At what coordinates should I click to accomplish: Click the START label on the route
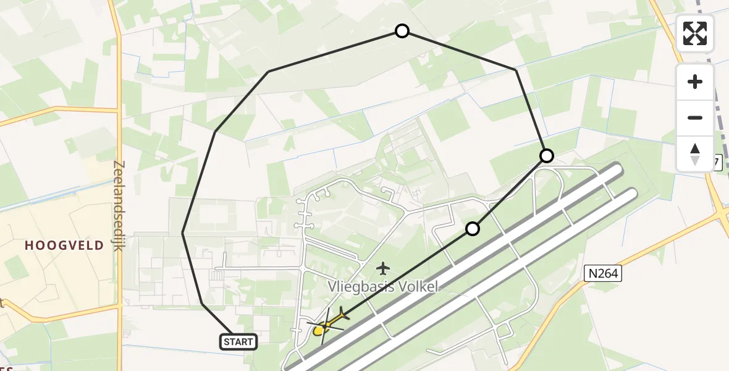[x=238, y=341]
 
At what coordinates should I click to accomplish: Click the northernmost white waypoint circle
[x=402, y=31]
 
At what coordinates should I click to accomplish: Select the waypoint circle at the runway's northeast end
[x=547, y=155]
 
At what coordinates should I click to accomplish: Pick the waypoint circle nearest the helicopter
[x=473, y=229]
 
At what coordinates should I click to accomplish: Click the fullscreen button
[x=695, y=33]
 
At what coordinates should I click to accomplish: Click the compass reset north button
[x=695, y=153]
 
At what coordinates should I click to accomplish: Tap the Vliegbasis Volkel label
[x=383, y=287]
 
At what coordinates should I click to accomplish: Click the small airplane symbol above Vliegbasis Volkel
[x=384, y=268]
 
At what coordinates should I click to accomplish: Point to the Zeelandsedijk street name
[x=119, y=206]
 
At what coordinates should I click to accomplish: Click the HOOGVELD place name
[x=64, y=245]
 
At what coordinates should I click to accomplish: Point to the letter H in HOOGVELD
[x=28, y=245]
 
